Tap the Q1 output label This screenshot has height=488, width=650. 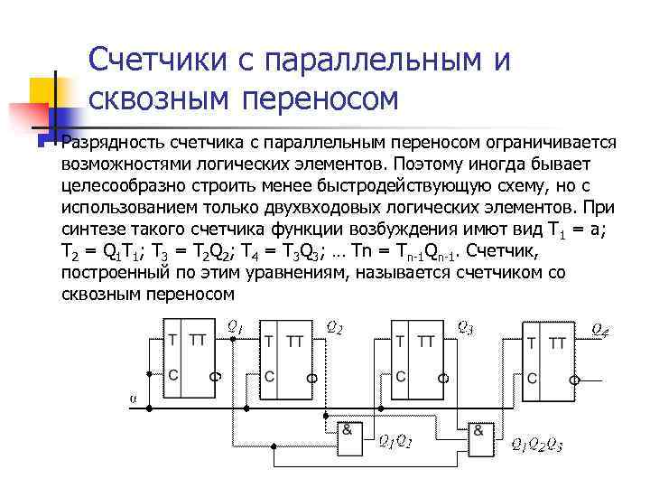click(x=234, y=327)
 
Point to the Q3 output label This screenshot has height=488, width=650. click(x=465, y=327)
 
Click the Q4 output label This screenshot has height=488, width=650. click(x=599, y=330)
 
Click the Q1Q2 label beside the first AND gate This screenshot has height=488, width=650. click(x=394, y=442)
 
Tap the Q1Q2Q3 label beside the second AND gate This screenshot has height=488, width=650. click(x=536, y=444)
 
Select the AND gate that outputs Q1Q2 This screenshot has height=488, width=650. click(x=348, y=437)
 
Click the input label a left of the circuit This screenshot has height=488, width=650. click(x=133, y=397)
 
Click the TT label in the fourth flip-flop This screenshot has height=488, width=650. click(x=558, y=343)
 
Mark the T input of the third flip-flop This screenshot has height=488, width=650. click(x=399, y=340)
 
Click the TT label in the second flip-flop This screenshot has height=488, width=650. click(x=294, y=341)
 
